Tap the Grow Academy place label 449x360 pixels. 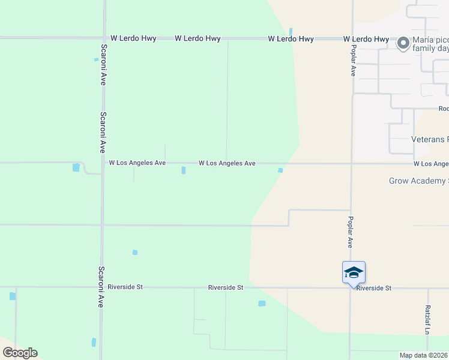418,181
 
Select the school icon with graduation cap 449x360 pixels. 354,272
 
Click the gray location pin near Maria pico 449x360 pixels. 403,43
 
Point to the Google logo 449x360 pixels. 20,353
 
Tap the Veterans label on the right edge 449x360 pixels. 429,139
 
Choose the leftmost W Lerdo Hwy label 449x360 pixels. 133,38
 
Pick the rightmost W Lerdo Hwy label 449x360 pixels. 366,38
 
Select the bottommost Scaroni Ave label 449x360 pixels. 102,287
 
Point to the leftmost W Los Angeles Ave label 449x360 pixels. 137,163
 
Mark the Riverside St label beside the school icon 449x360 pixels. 373,288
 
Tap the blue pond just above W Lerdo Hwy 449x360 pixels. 291,31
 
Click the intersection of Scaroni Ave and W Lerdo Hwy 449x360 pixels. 104,38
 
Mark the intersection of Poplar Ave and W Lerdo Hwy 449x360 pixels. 352,38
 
